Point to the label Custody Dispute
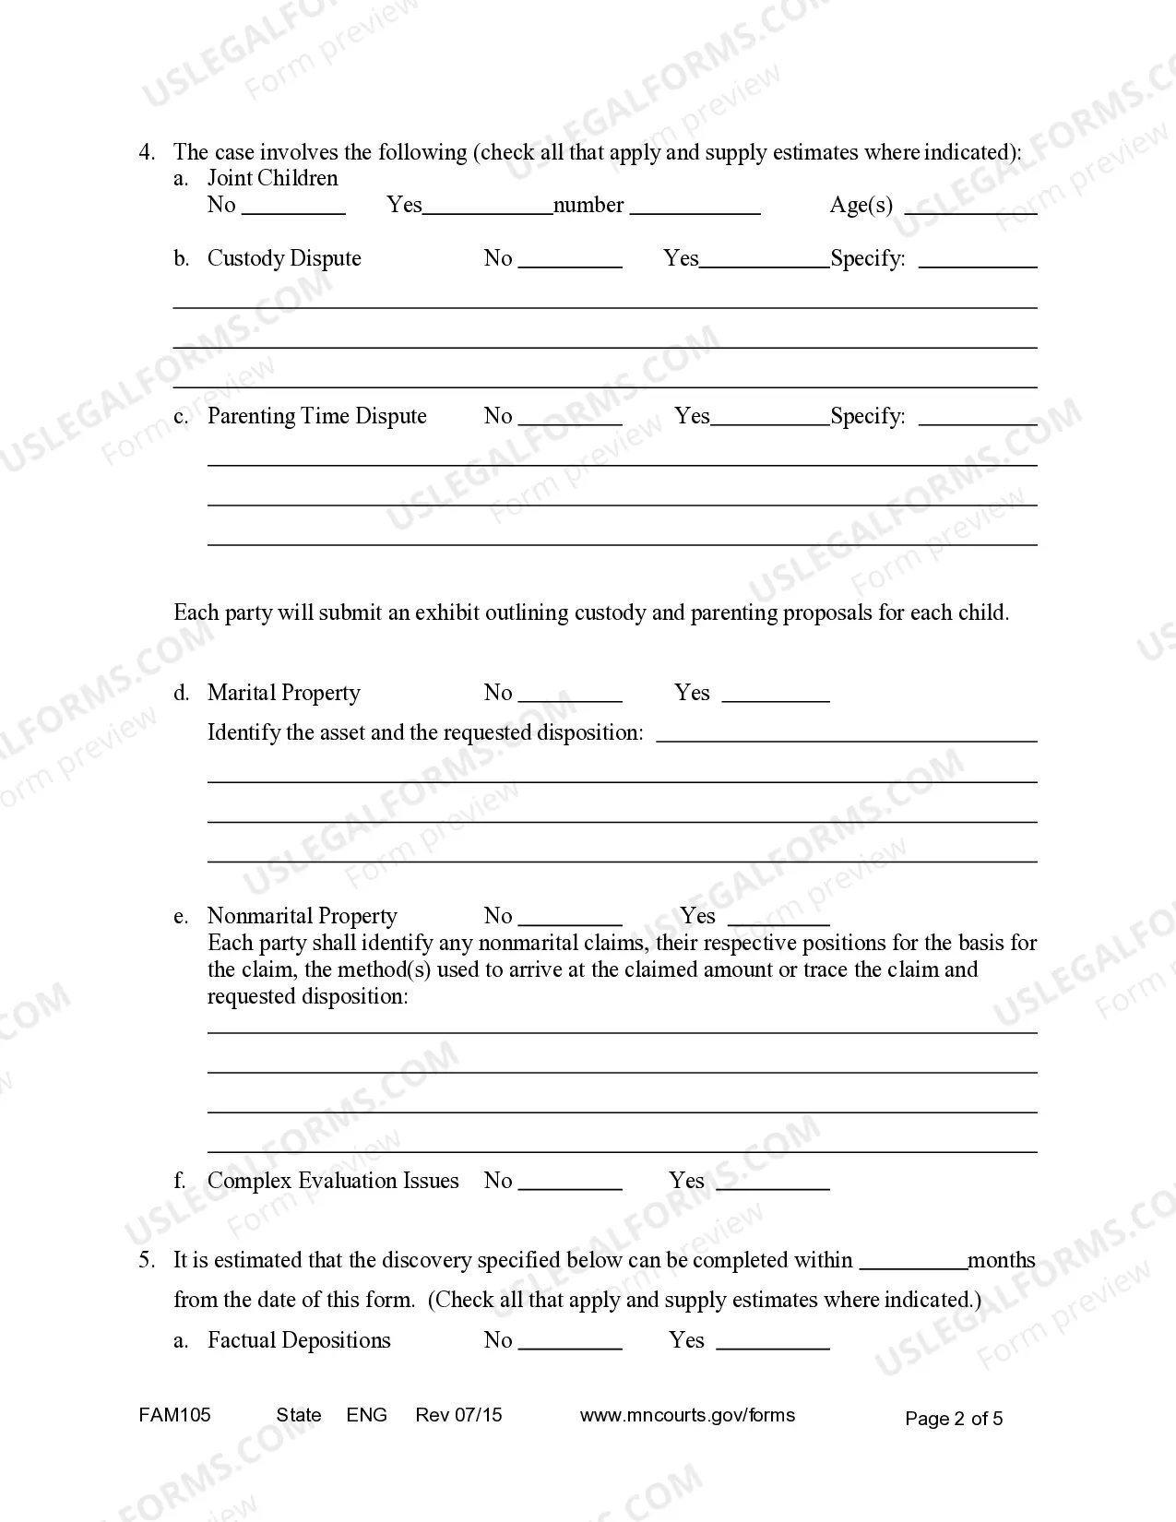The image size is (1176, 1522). click(x=284, y=258)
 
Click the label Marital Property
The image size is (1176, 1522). click(x=284, y=693)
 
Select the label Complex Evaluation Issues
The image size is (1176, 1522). click(x=333, y=1181)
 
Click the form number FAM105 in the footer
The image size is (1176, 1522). click(x=174, y=1415)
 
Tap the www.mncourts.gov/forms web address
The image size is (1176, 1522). click(x=687, y=1415)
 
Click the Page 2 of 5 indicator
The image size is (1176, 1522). click(x=954, y=1419)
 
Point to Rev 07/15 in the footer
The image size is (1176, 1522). click(x=458, y=1415)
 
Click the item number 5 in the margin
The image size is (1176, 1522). click(x=146, y=1260)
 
